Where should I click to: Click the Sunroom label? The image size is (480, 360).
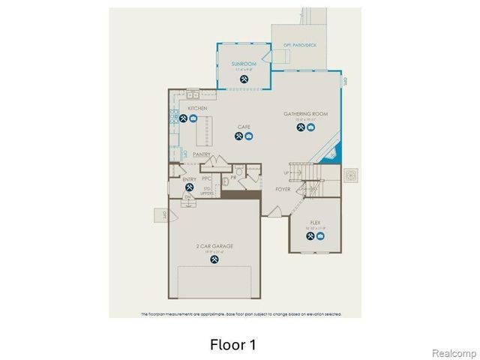pos(244,64)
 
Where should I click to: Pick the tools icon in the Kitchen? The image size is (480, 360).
pos(183,118)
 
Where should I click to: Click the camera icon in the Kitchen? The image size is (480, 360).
pos(193,118)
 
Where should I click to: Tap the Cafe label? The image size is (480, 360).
pos(244,127)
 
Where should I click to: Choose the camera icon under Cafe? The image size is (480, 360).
pos(249,136)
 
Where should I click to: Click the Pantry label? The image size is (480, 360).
pos(201,154)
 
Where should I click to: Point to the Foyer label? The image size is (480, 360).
pos(283,190)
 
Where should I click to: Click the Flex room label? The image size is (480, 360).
pos(315,223)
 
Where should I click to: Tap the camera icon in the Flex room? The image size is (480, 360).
pos(320,236)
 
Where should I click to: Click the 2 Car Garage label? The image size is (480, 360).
pos(214,246)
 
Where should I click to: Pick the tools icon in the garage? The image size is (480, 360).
pos(214,259)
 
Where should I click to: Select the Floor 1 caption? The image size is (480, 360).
pos(232,345)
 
